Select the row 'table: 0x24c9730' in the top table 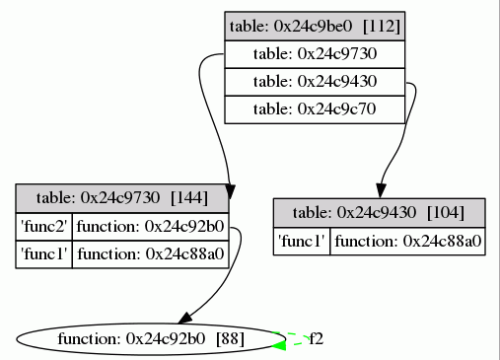point(316,53)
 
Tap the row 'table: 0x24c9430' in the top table point(316,81)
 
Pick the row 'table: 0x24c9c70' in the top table point(316,108)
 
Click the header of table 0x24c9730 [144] point(122,197)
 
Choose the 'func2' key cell point(44,226)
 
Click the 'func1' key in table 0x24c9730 point(44,253)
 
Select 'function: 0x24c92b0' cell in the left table point(150,226)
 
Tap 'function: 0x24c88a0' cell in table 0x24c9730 point(150,253)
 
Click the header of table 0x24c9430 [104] point(380,212)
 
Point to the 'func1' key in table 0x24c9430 point(302,241)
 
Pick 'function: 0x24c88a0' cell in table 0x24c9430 point(407,241)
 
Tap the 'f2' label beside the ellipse point(317,338)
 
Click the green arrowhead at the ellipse point(279,344)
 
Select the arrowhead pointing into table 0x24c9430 point(379,191)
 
